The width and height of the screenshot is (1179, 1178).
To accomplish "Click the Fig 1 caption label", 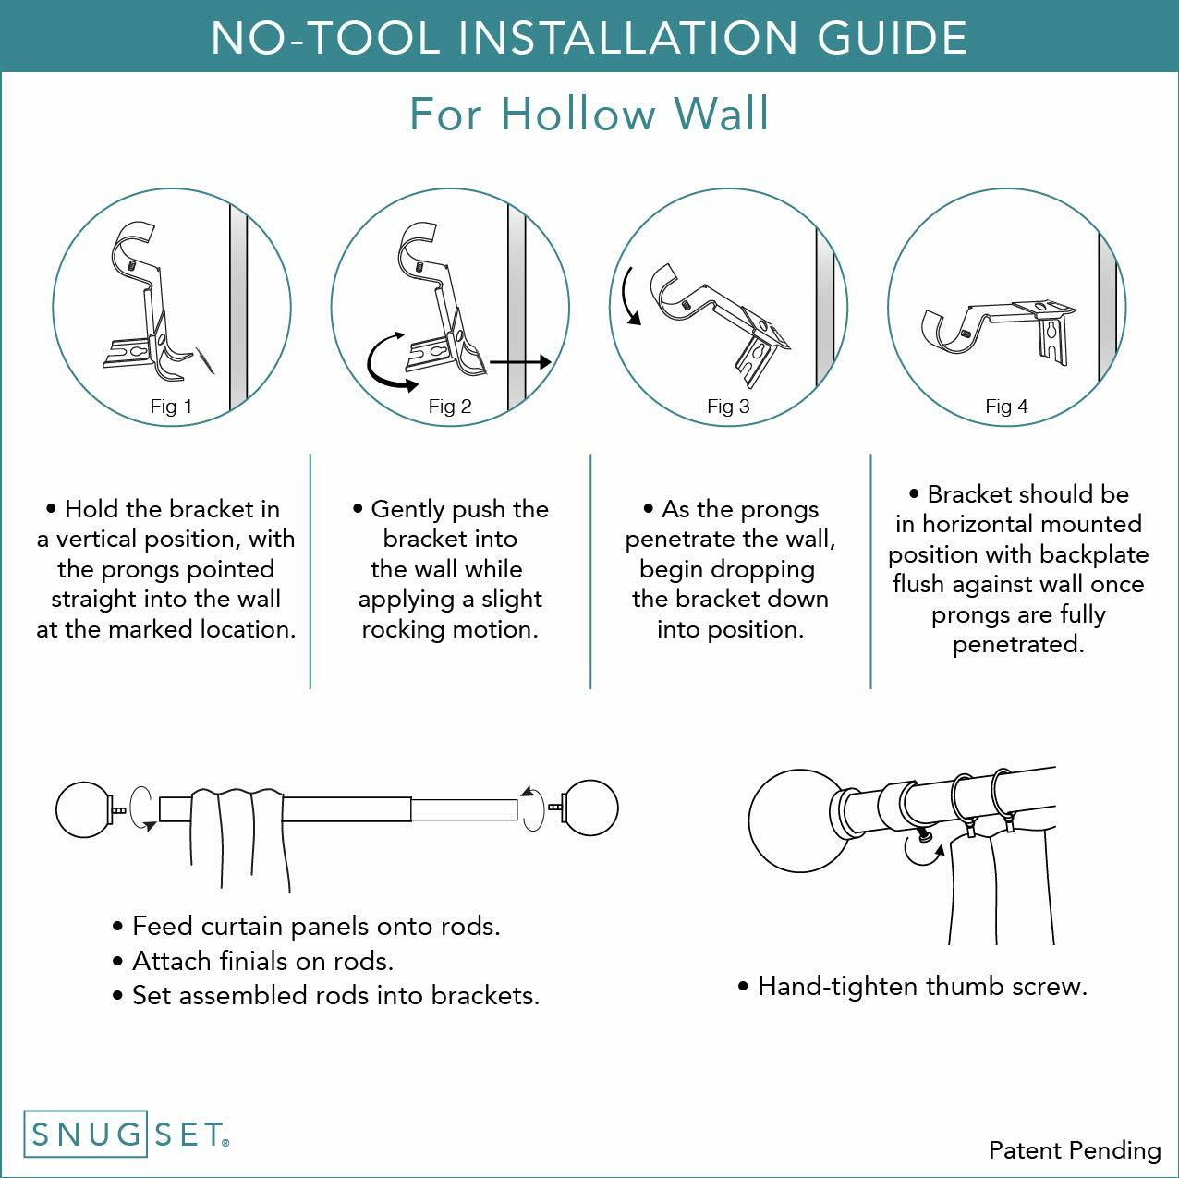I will pos(171,407).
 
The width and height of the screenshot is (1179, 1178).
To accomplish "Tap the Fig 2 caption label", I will pos(450,407).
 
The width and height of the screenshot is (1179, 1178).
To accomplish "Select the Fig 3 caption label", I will pos(728,407).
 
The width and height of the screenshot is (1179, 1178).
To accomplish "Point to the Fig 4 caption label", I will pos(1006,407).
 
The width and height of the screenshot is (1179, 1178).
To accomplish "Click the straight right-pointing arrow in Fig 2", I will pos(520,362).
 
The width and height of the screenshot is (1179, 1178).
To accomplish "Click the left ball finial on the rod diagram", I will pos(83,809).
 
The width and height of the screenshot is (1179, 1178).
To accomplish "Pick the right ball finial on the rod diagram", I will pos(590,808).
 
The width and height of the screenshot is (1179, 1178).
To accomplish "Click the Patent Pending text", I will pos(1075,1150).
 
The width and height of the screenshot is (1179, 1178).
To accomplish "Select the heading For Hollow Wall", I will pos(589,114).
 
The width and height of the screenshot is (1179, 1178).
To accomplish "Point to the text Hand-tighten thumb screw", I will pos(921,987).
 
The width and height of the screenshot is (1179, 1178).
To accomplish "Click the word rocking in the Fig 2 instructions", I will pos(412,629).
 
